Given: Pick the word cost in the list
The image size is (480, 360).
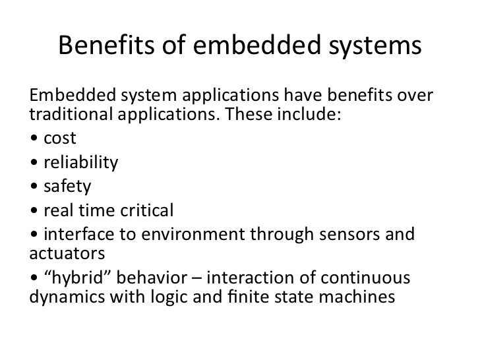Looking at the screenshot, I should (x=60, y=139).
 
